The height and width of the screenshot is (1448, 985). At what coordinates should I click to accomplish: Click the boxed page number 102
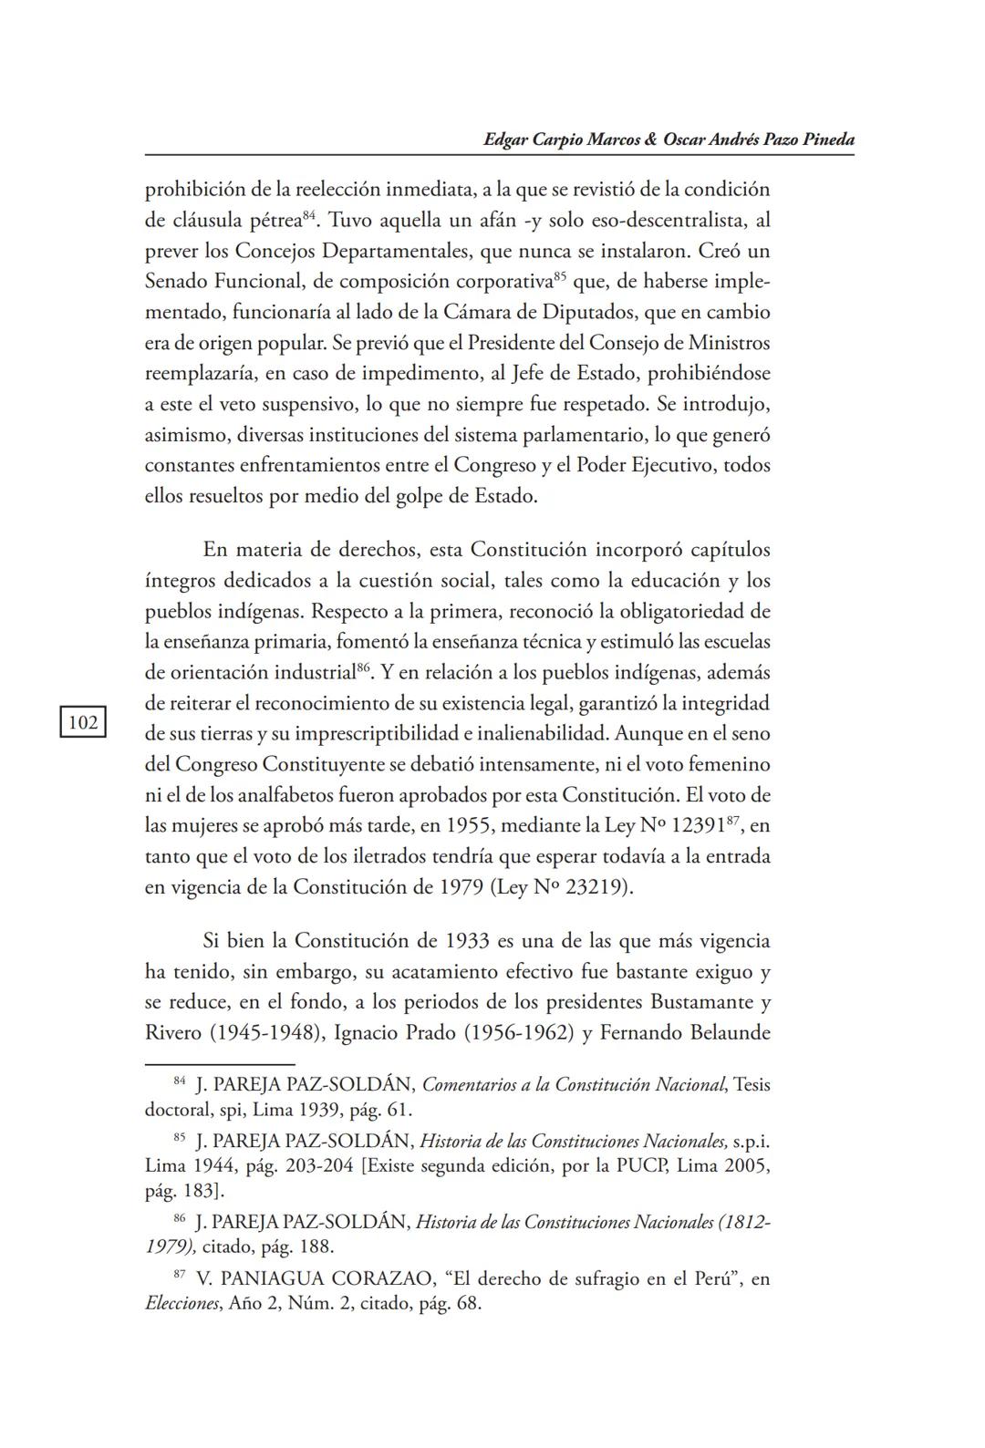(82, 723)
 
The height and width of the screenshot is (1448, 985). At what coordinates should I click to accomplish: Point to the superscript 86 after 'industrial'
(363, 667)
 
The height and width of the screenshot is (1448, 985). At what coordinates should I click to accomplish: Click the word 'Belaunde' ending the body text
(724, 1033)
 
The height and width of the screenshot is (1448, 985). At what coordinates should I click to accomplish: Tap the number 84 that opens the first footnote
(180, 1081)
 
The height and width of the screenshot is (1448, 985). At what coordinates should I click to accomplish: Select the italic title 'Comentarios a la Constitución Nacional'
(574, 1085)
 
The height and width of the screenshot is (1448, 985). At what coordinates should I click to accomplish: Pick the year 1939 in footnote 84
(316, 1111)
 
